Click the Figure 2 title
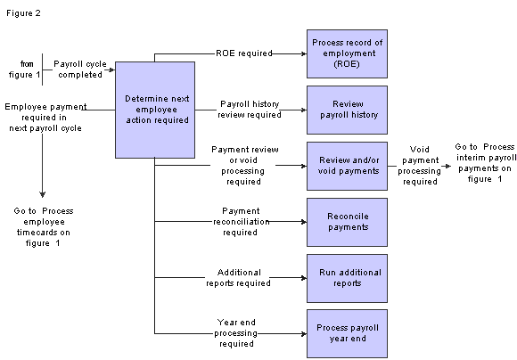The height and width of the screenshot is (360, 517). [23, 13]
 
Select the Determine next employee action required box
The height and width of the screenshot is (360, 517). [155, 110]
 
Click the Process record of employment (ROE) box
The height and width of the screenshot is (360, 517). [348, 53]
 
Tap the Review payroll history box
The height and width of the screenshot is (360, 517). [348, 110]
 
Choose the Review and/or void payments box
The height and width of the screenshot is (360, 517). [348, 166]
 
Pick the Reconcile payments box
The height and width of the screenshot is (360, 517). [348, 222]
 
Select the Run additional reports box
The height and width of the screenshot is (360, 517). [348, 278]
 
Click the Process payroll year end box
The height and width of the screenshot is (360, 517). [348, 333]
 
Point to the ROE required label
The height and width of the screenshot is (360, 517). [244, 53]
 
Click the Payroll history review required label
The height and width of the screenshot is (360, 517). [250, 110]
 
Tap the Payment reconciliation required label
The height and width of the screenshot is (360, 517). [241, 222]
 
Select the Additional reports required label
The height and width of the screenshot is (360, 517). [238, 278]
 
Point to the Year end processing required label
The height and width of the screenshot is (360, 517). [236, 333]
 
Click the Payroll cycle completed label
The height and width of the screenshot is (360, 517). [80, 70]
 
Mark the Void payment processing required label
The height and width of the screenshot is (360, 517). [420, 166]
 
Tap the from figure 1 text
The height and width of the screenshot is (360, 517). [25, 70]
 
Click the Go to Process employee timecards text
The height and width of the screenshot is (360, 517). [44, 227]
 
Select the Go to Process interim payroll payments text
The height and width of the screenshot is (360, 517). [485, 163]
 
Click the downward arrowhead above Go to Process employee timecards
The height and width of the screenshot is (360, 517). [42, 194]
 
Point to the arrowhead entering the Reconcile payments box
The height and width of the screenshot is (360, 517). [304, 222]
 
